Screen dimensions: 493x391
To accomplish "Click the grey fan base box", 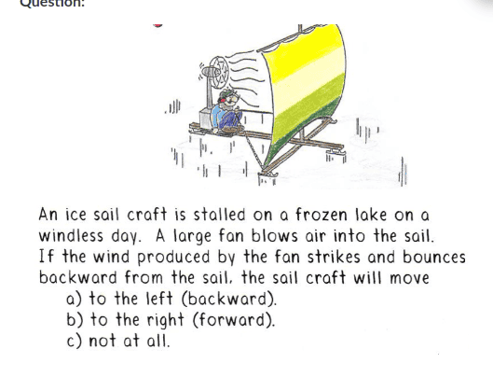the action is (x=206, y=119).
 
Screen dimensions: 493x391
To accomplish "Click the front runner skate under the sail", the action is (x=267, y=174).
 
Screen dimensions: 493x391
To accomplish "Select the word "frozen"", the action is (x=322, y=215).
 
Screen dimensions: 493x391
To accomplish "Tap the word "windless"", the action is (x=71, y=236).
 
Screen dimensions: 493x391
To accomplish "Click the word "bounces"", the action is (x=434, y=257).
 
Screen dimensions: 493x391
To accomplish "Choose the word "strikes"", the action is (x=334, y=257).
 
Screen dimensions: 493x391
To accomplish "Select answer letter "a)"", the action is (x=74, y=299).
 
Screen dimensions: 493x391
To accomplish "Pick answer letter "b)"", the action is (x=75, y=320).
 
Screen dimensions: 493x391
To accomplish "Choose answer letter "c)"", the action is (x=75, y=341).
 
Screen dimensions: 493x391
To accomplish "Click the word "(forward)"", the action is (x=233, y=320).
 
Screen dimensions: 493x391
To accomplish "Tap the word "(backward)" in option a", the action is (x=229, y=299).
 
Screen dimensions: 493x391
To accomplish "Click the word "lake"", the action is (x=371, y=215).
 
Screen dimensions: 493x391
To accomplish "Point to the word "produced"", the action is (x=173, y=258).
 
